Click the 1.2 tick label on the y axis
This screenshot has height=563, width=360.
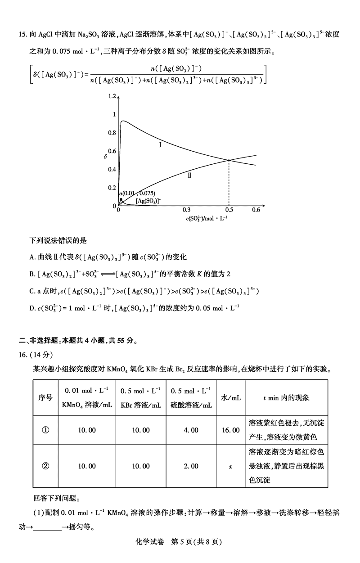pyautogui.click(x=112, y=96)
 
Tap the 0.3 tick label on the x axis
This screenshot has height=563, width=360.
pyautogui.click(x=186, y=210)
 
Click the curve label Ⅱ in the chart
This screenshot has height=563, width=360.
pyautogui.click(x=189, y=176)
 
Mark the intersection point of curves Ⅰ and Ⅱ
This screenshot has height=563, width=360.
pyautogui.click(x=229, y=160)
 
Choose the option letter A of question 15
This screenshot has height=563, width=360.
pyautogui.click(x=32, y=257)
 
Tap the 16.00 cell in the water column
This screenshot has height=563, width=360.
pyautogui.click(x=230, y=430)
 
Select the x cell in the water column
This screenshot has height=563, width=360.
pyautogui.click(x=230, y=466)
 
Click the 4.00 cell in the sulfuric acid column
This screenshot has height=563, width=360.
pyautogui.click(x=191, y=430)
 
